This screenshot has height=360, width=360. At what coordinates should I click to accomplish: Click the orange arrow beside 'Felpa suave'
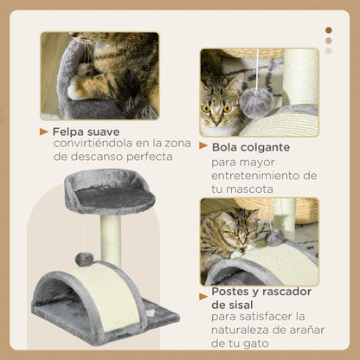coord(44,132)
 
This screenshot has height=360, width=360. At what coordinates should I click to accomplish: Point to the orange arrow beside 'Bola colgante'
coord(203,147)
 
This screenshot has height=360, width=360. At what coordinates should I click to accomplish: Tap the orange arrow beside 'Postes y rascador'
coord(203,292)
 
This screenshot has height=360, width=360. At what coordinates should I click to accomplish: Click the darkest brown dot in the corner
coord(328,30)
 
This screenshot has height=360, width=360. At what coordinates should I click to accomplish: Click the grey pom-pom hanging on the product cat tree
coord(84,259)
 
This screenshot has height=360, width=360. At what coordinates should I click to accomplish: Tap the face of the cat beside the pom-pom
coord(217,108)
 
